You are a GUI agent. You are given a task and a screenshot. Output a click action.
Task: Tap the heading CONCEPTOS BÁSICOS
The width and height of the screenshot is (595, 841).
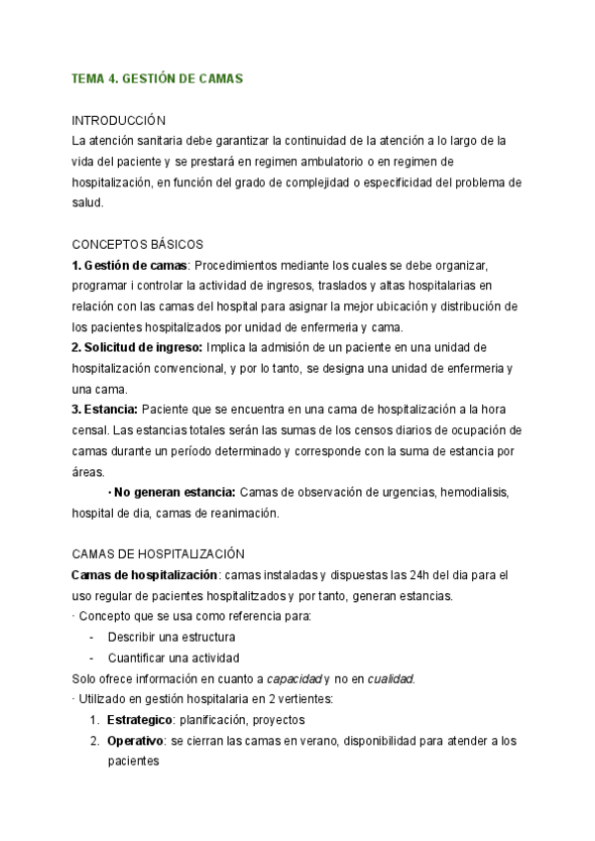pyautogui.click(x=138, y=244)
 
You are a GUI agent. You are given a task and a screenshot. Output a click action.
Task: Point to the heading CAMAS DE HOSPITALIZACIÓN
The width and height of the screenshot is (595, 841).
pyautogui.click(x=159, y=553)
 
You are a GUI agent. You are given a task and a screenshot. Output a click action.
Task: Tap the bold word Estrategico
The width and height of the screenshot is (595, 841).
pyautogui.click(x=139, y=720)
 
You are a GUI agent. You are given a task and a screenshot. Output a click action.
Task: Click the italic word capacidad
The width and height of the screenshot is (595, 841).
pyautogui.click(x=291, y=678)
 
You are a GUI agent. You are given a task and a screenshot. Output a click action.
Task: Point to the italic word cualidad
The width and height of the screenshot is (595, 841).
pyautogui.click(x=388, y=678)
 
